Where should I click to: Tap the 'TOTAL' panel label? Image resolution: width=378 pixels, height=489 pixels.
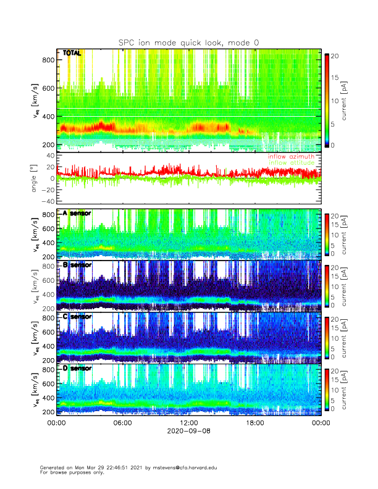pyautogui.click(x=72, y=53)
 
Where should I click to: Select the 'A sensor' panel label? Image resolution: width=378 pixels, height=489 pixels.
pyautogui.click(x=77, y=213)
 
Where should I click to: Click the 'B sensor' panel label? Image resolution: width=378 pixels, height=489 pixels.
pyautogui.click(x=77, y=265)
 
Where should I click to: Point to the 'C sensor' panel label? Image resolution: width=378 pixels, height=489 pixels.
pyautogui.click(x=77, y=317)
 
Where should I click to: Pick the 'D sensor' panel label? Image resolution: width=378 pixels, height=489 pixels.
pyautogui.click(x=77, y=369)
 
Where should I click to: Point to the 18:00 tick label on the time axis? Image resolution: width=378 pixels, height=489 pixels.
pyautogui.click(x=255, y=423)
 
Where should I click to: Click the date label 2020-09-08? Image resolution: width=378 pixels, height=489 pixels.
pyautogui.click(x=188, y=432)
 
